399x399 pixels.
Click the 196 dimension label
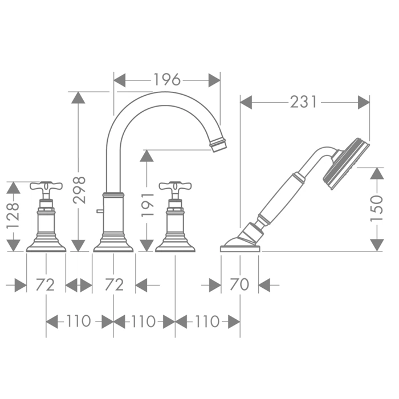167,80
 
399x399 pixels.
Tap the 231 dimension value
304,102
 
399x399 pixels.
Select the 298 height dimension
79,190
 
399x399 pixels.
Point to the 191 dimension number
148,205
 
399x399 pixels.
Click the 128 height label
13,215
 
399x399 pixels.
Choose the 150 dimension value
377,209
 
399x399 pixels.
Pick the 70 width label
239,284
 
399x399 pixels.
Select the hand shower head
346,164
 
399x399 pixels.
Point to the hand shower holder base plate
240,249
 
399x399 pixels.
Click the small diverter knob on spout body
100,211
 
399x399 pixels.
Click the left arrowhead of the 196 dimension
120,80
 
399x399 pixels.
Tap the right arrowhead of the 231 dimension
364,102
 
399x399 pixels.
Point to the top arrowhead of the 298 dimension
78,97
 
